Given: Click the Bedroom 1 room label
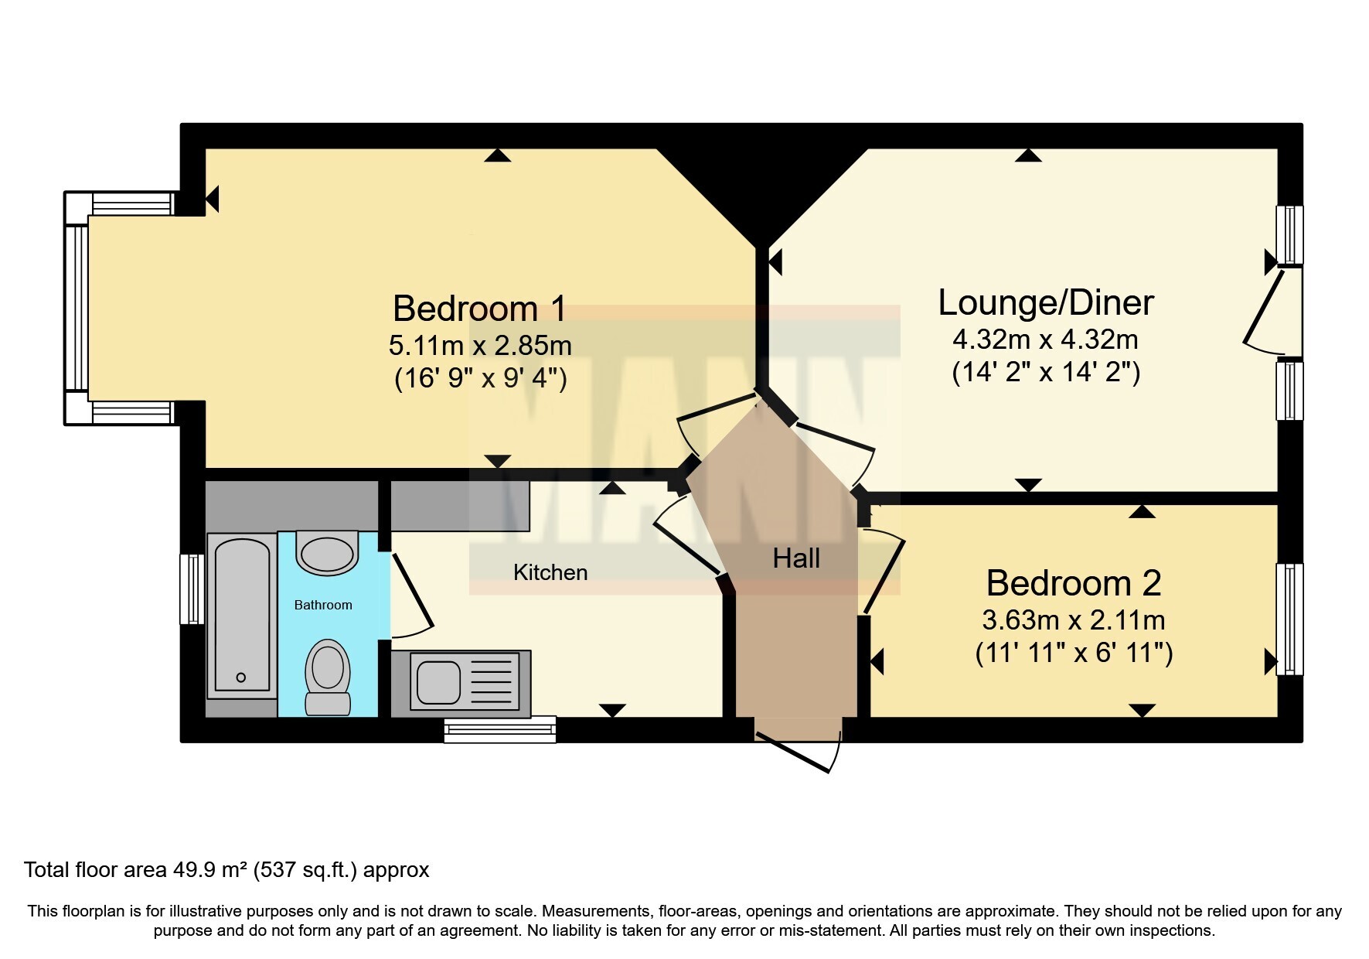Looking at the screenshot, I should (x=479, y=309).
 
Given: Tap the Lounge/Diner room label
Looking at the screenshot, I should (x=1045, y=302).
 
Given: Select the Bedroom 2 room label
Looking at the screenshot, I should (x=1073, y=583).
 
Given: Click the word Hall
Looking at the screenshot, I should (x=796, y=558).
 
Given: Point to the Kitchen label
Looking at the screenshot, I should (x=550, y=572).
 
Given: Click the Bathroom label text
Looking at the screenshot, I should (x=323, y=605).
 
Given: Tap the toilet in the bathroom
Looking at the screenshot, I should (x=328, y=677).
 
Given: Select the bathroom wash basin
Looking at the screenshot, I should (x=329, y=553).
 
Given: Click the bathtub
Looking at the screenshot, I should (x=242, y=615).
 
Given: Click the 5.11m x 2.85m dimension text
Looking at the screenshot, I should (x=480, y=344).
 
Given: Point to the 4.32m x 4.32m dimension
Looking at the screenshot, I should (x=1045, y=340).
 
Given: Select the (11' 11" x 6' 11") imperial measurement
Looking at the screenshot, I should (x=1074, y=654).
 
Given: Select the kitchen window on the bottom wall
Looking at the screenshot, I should (x=500, y=729).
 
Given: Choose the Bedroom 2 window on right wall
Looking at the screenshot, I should (x=1289, y=619).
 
